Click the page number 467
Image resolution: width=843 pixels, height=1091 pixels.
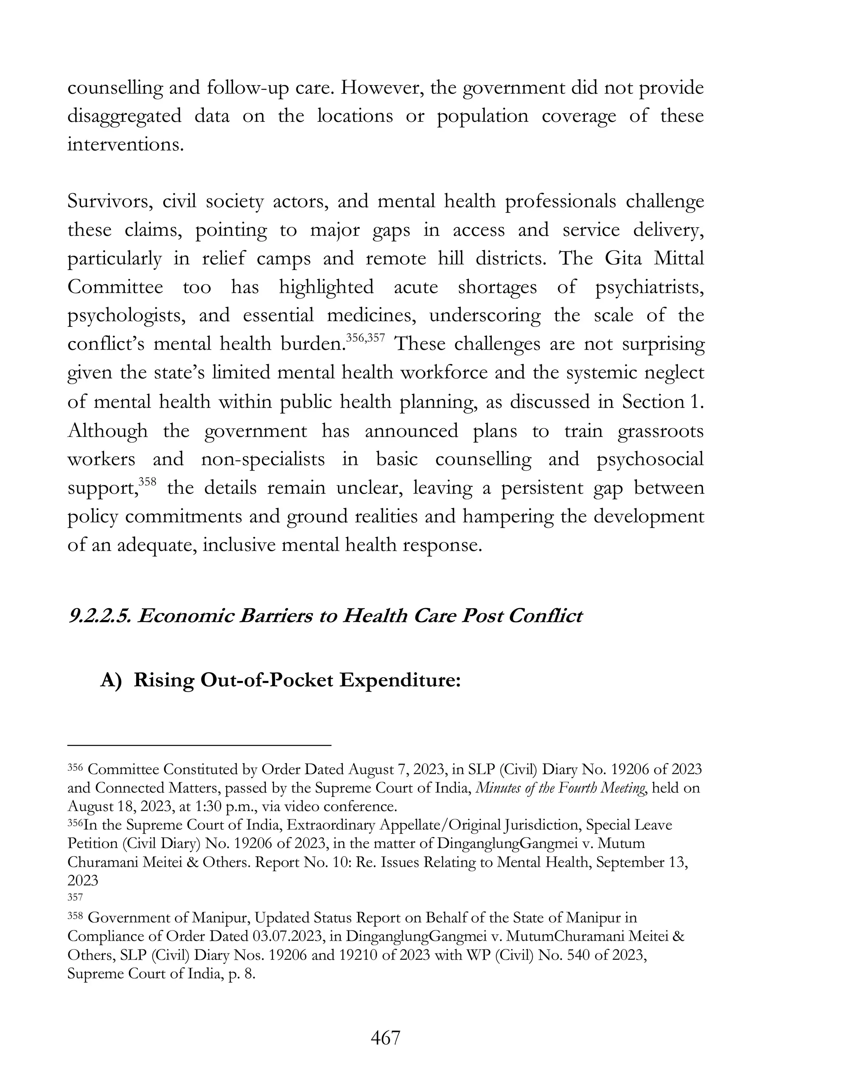point(385,1038)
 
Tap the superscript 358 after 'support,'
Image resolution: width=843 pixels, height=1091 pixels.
point(148,482)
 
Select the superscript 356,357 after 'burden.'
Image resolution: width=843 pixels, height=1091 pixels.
point(366,338)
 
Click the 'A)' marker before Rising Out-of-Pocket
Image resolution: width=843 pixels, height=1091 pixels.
point(110,681)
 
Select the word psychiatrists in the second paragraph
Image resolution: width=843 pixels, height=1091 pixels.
point(649,288)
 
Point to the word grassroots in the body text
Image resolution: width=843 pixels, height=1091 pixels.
point(660,431)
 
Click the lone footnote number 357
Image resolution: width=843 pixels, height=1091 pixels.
point(75,898)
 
